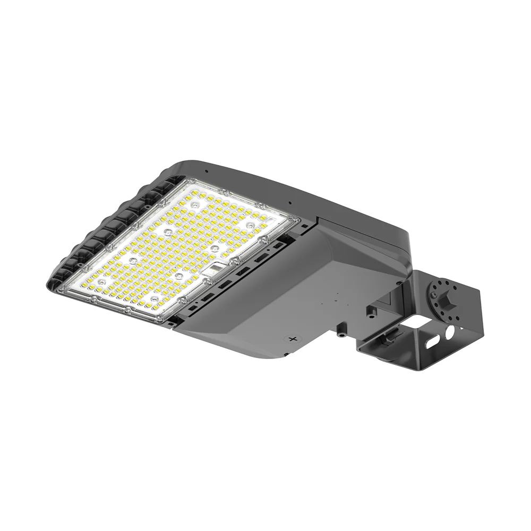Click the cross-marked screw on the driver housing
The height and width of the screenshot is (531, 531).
click(291, 338)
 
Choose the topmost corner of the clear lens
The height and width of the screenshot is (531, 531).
click(185, 181)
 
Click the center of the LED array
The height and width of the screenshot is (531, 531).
click(178, 250)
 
